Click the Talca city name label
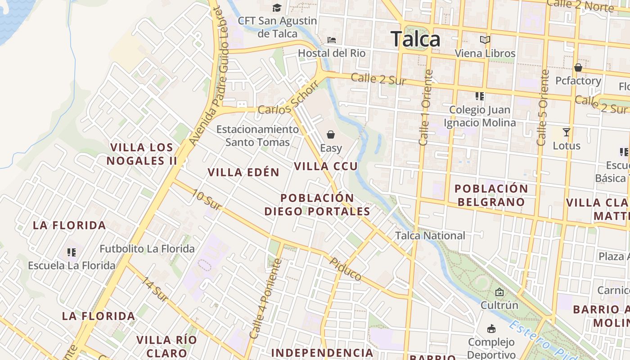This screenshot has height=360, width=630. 415,39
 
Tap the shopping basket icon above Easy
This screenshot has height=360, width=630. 331,135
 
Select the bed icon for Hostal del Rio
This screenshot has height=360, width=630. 332,40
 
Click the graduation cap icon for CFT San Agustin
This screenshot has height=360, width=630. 277,8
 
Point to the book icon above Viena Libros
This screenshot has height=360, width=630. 485,40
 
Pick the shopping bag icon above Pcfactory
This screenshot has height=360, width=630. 578,68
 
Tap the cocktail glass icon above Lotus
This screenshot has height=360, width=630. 567,132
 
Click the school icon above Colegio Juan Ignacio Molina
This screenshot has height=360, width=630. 480,96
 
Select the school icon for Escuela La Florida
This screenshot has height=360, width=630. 72,252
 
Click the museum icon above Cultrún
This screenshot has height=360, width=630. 499,292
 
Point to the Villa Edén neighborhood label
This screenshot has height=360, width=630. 243,172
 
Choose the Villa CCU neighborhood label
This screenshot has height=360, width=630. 326,166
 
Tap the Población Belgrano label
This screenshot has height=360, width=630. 491,195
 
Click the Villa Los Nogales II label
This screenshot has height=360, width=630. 142,154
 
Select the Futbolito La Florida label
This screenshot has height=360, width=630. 147,249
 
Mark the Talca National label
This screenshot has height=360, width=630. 430,236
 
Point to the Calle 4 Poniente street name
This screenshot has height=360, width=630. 266,298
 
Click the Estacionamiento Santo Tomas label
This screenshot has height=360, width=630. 257,135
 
